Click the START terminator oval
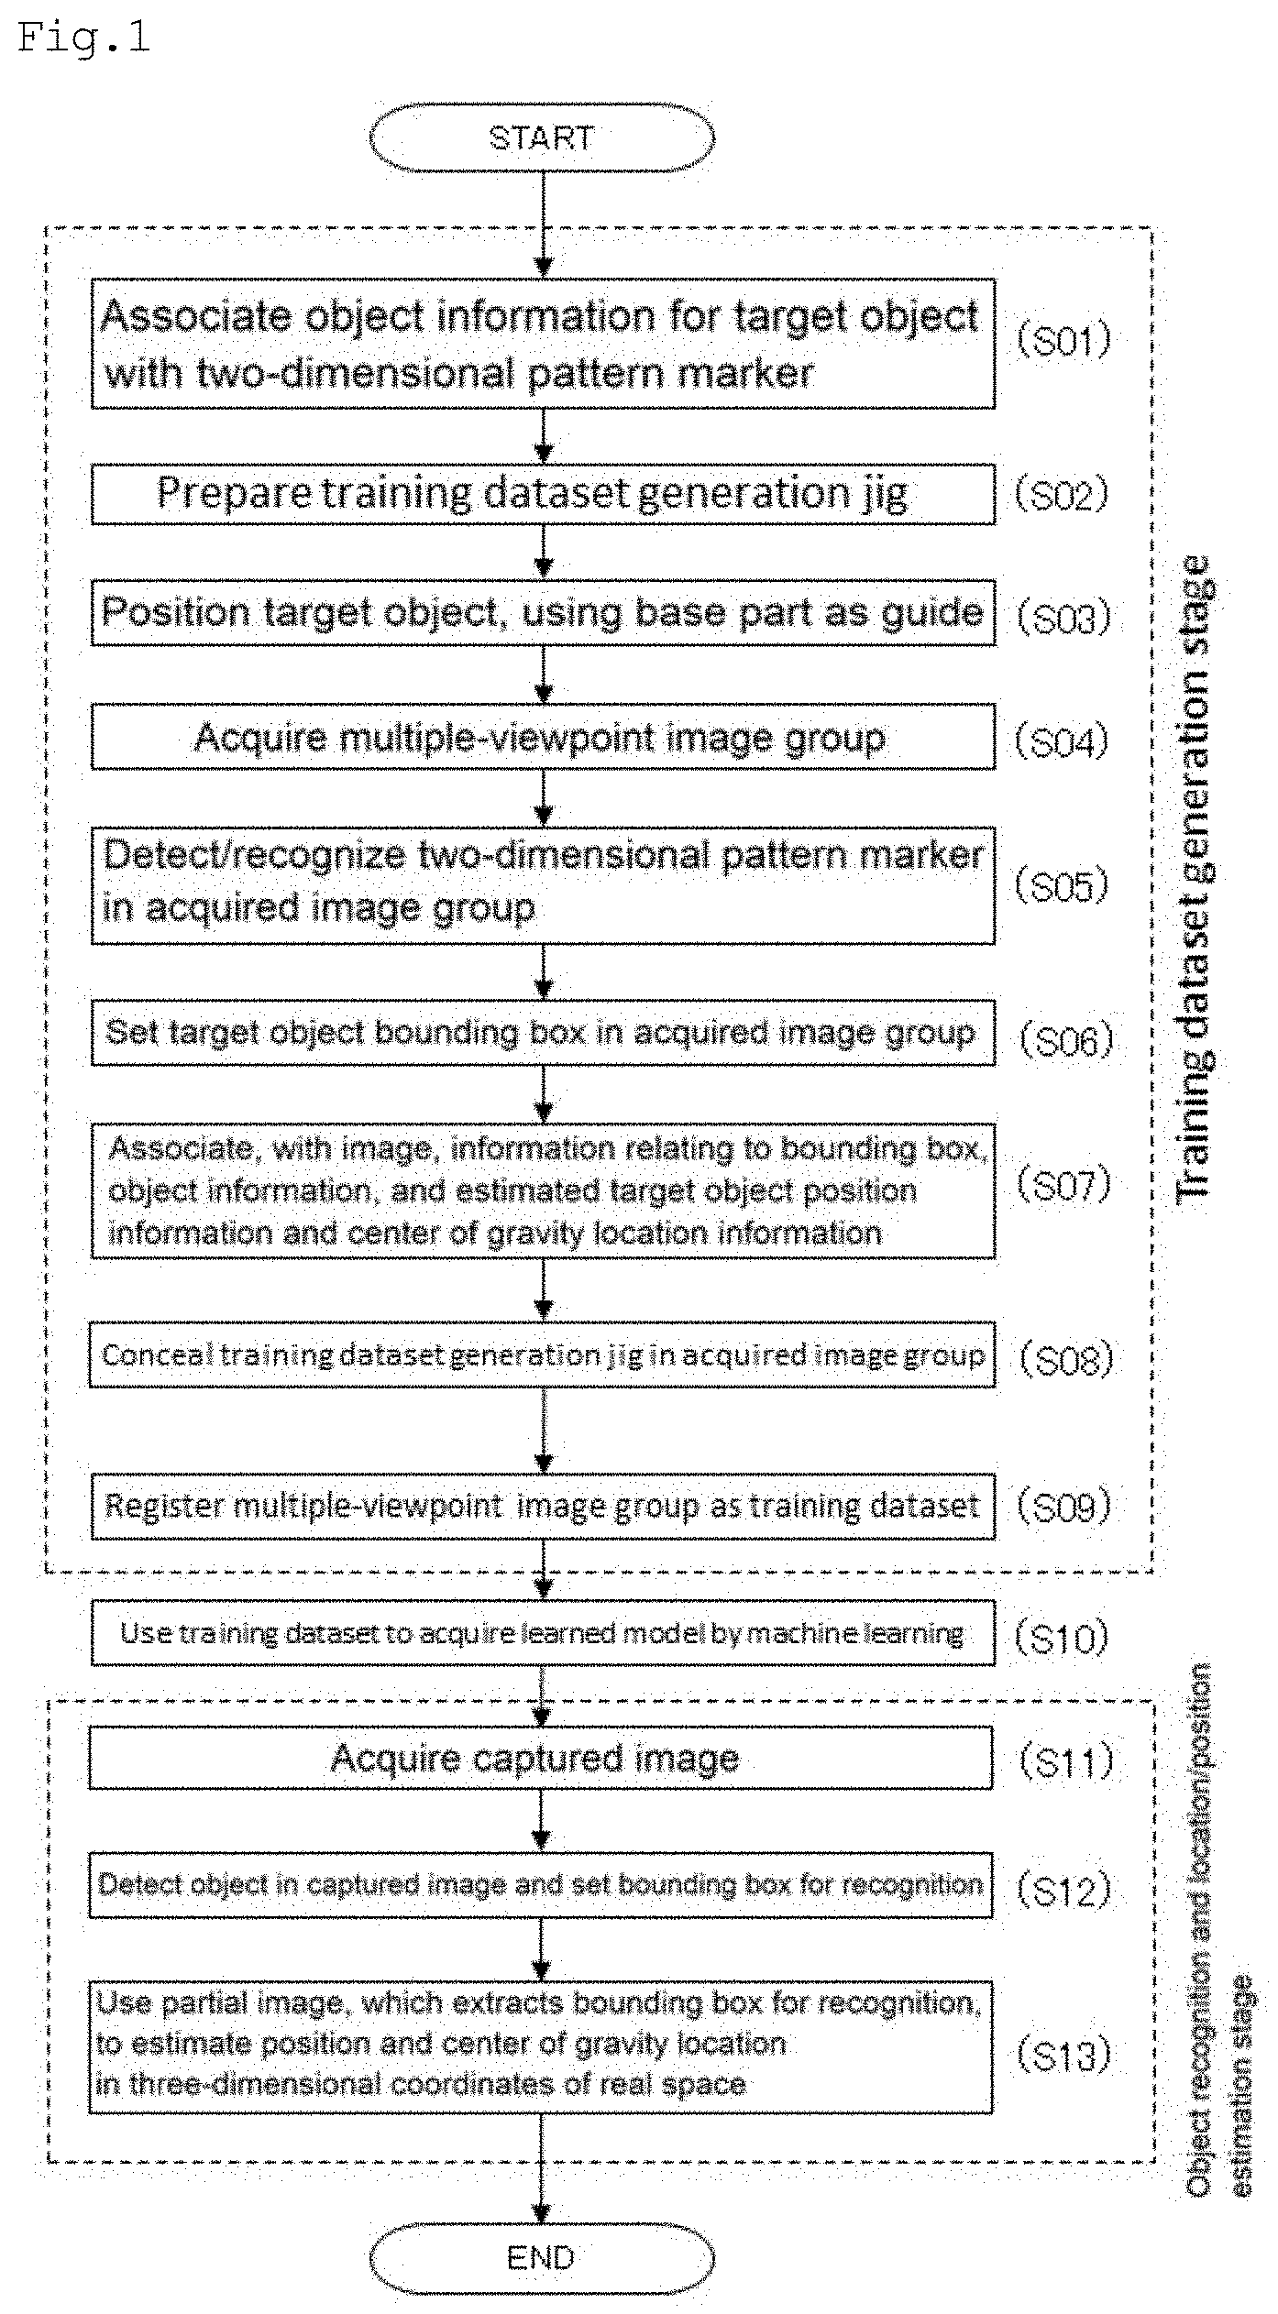click(x=541, y=137)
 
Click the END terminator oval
click(x=541, y=2257)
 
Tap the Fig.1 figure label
click(x=83, y=38)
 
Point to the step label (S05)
click(x=1062, y=886)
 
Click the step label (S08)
click(x=1066, y=1359)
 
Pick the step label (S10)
click(x=1062, y=1637)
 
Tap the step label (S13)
click(x=1063, y=2055)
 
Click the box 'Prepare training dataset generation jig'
click(x=543, y=494)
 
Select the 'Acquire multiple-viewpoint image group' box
click(x=543, y=737)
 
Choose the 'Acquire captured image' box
click(x=541, y=1758)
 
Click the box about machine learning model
click(x=543, y=1633)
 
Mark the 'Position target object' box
click(x=543, y=612)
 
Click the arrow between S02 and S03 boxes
click(x=544, y=552)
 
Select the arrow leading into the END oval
click(x=542, y=2168)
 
